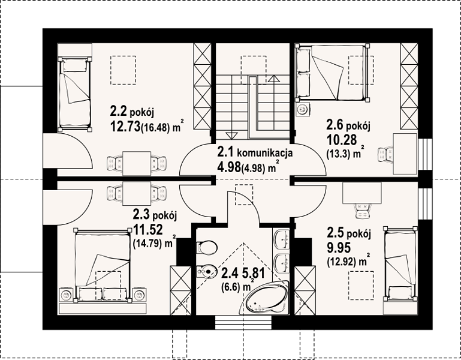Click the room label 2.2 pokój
pos(132,112)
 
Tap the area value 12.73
pos(125,127)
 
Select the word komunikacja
pos(264,153)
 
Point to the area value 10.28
pos(342,140)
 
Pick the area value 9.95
pos(339,248)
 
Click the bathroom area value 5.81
pos(253,274)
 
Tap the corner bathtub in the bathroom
pos(264,298)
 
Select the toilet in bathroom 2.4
pos(207,247)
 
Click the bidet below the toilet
pos(207,271)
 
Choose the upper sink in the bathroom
pos(282,239)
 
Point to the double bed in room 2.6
pos(332,73)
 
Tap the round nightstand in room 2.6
pos(302,110)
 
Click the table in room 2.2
pos(137,163)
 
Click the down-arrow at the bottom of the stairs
pos(231,136)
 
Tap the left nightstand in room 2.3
pos(66,295)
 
